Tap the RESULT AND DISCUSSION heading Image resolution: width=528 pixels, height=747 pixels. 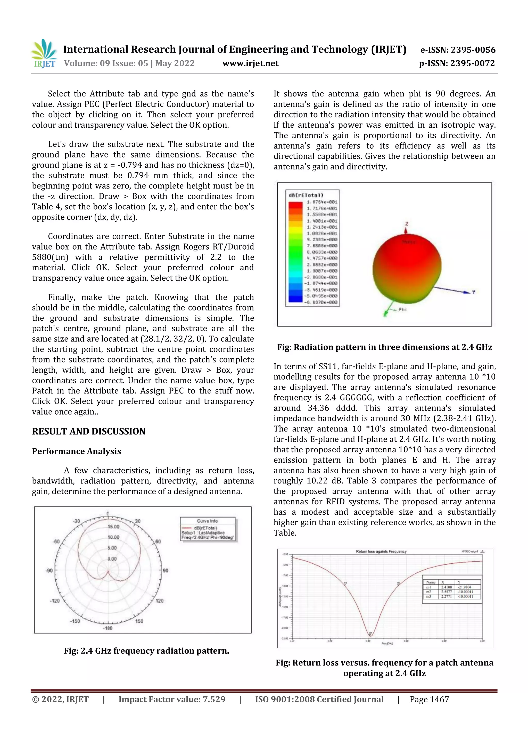(88, 431)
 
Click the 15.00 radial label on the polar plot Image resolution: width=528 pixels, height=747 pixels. (113, 527)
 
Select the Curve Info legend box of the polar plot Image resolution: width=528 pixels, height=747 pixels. (208, 529)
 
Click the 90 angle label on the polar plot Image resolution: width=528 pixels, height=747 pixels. (166, 571)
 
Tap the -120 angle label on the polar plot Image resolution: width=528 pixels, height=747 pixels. (55, 601)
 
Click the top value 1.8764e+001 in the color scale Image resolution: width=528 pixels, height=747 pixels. (322, 202)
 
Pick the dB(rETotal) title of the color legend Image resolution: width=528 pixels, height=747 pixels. (306, 195)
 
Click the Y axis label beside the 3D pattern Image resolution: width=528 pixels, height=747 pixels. (474, 292)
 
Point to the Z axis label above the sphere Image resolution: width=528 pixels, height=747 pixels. (407, 224)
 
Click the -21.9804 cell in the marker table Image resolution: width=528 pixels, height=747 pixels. (465, 587)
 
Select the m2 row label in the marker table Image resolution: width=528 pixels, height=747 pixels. (429, 592)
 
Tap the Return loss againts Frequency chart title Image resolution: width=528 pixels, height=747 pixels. (381, 552)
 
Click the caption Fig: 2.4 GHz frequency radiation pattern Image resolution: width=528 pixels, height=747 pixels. (146, 651)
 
